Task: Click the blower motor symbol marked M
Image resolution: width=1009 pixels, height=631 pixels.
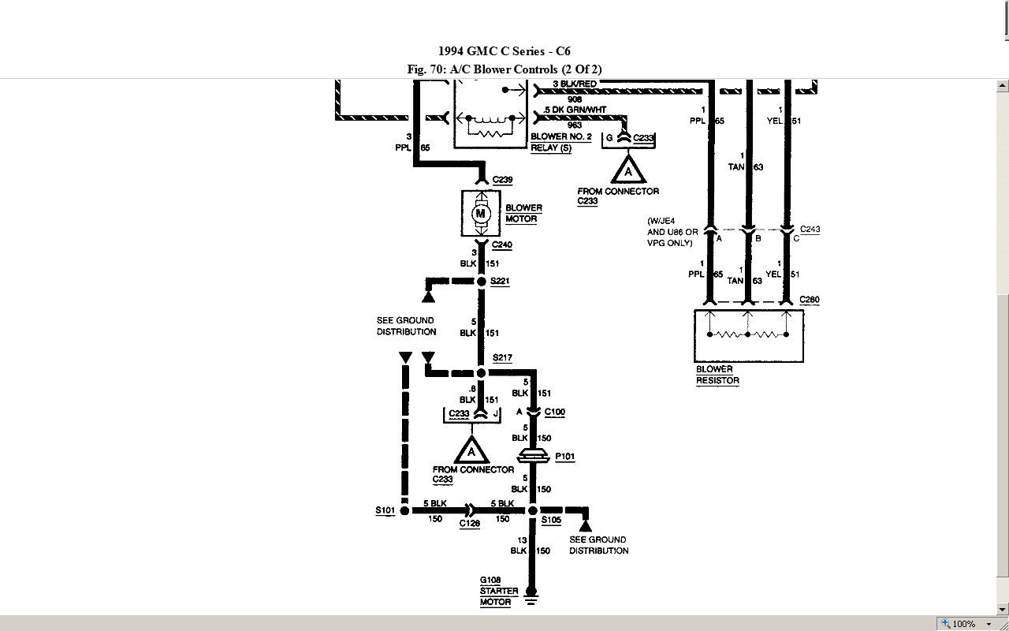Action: (481, 214)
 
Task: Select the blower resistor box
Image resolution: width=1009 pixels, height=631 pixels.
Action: (748, 335)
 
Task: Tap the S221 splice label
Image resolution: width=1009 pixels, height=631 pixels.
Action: (500, 282)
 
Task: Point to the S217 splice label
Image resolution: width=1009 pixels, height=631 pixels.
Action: (502, 358)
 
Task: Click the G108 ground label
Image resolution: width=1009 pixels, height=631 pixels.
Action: (490, 581)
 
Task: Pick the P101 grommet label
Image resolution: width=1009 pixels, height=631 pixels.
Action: (564, 457)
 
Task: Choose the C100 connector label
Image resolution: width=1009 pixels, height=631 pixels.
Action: (554, 413)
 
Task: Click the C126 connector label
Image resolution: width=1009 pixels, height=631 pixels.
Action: (470, 524)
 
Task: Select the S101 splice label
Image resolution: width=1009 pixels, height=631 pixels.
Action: (385, 511)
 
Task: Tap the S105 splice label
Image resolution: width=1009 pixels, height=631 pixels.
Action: (551, 521)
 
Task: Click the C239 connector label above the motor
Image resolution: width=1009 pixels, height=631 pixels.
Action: (502, 181)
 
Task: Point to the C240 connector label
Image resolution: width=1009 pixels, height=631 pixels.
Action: (502, 245)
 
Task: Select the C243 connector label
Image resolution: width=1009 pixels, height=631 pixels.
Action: (810, 230)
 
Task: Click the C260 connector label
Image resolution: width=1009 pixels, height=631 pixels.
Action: (810, 301)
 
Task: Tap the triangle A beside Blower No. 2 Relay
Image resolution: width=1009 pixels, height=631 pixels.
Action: (628, 170)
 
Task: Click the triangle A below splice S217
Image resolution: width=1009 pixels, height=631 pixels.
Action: (471, 451)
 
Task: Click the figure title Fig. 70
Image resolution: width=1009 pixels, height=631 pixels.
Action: (504, 69)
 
